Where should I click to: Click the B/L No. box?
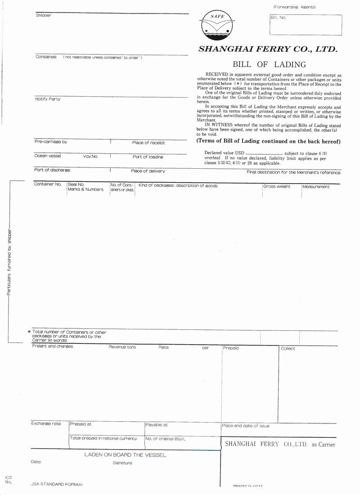pos(306,25)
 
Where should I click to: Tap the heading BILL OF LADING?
pos(269,64)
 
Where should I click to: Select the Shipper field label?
pos(44,16)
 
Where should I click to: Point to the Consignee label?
pos(46,57)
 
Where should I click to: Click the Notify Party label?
pos(48,99)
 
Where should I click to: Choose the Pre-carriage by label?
pos(51,142)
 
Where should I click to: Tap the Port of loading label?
pos(148,157)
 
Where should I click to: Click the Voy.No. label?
pos(90,157)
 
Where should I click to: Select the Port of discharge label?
pos(52,171)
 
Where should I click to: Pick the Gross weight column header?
pos(277,186)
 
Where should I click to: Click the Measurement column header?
pos(316,187)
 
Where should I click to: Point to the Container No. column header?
pos(48,184)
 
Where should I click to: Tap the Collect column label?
pos(288,349)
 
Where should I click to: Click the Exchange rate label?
pos(46,423)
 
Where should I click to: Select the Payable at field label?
pos(157,424)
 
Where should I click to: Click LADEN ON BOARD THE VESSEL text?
pos(125,455)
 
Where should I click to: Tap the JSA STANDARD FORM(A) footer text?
pos(57,484)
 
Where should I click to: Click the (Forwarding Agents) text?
pos(294,7)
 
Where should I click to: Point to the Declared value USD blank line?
pos(264,153)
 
